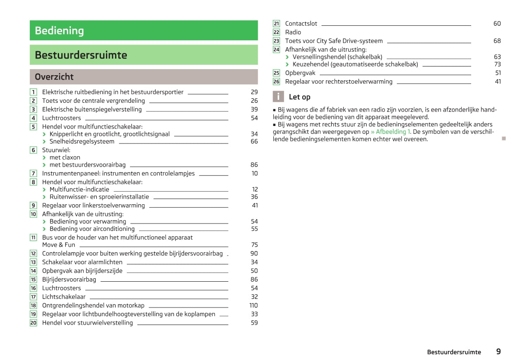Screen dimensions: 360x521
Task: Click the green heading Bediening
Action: click(x=59, y=31)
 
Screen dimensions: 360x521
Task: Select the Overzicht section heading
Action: click(x=54, y=77)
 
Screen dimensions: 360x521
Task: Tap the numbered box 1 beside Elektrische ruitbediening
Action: click(x=33, y=92)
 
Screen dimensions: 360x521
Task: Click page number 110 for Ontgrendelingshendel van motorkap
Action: click(x=253, y=305)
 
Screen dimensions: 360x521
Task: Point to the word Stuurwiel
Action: click(x=56, y=150)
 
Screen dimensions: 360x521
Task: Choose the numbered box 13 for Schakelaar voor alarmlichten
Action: click(x=33, y=262)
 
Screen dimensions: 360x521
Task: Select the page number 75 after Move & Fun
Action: click(x=254, y=245)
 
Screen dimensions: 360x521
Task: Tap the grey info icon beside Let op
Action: click(x=278, y=97)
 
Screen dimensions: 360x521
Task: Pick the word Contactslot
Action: click(x=301, y=24)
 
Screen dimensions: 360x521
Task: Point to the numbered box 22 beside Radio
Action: click(x=276, y=32)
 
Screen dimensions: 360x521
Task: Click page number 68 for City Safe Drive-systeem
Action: click(x=497, y=41)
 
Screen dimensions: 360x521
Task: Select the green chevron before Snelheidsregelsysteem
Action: click(x=45, y=142)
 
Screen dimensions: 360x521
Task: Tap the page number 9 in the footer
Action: click(x=498, y=351)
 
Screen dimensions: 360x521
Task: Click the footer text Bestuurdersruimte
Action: click(x=454, y=352)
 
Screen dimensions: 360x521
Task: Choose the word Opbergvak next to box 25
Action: click(x=300, y=73)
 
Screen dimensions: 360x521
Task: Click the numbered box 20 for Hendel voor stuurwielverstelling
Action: click(x=33, y=323)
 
